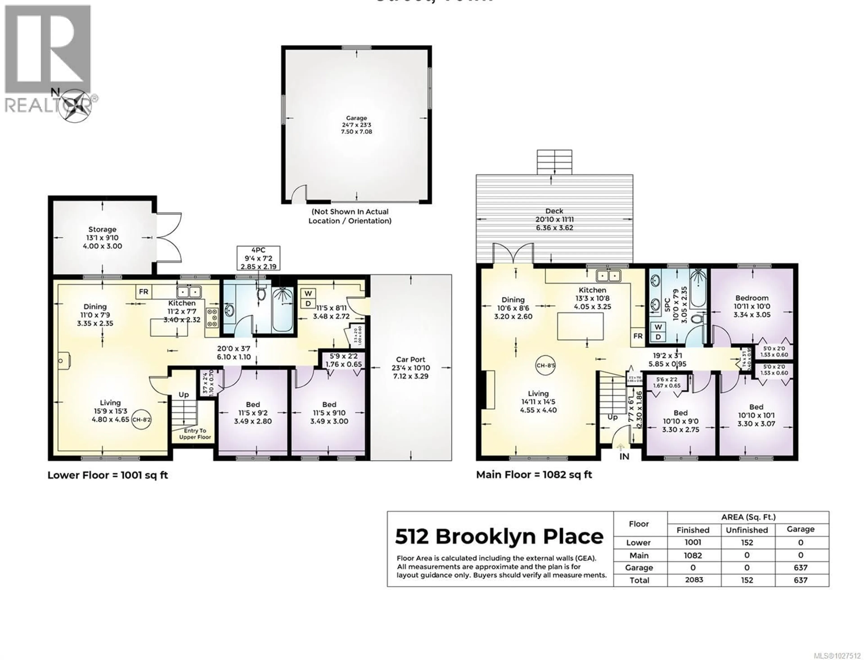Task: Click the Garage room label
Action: pyautogui.click(x=356, y=118)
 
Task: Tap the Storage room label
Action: pyautogui.click(x=102, y=229)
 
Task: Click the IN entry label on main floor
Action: pyautogui.click(x=624, y=456)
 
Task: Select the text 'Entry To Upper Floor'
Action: pyautogui.click(x=195, y=434)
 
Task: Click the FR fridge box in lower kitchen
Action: pyautogui.click(x=144, y=291)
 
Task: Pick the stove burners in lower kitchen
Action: pyautogui.click(x=212, y=316)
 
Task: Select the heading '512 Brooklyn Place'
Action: pyautogui.click(x=499, y=537)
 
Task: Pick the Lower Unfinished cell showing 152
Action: pyautogui.click(x=747, y=543)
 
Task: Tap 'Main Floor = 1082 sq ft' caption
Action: pyautogui.click(x=534, y=474)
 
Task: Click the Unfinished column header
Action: pyautogui.click(x=747, y=530)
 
